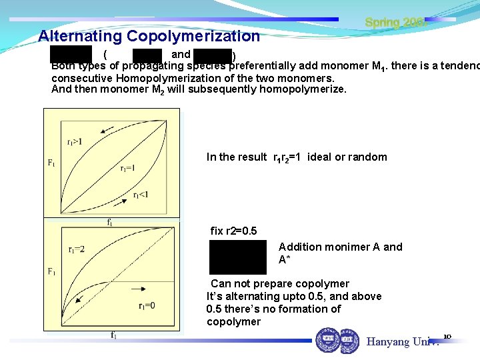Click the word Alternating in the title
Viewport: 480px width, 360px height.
pos(80,36)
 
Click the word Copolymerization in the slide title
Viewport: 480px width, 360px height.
pos(193,36)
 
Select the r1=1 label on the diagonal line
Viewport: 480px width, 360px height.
pos(127,169)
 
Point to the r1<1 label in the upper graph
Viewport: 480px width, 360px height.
pos(141,195)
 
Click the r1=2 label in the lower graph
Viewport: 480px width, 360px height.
pos(77,249)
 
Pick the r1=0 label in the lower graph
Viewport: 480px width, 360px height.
pos(147,306)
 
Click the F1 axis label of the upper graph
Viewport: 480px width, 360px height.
pos(52,162)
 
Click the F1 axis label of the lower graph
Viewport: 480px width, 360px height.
pos(52,271)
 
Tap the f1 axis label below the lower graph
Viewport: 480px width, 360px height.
pos(115,335)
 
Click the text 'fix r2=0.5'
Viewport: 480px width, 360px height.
pos(233,231)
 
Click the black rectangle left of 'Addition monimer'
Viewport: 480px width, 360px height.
pos(237,257)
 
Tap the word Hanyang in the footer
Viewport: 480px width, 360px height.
pos(387,342)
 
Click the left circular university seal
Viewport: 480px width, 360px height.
pos(327,339)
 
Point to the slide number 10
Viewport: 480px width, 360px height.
pos(447,336)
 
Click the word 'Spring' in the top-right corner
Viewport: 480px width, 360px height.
pos(381,23)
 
